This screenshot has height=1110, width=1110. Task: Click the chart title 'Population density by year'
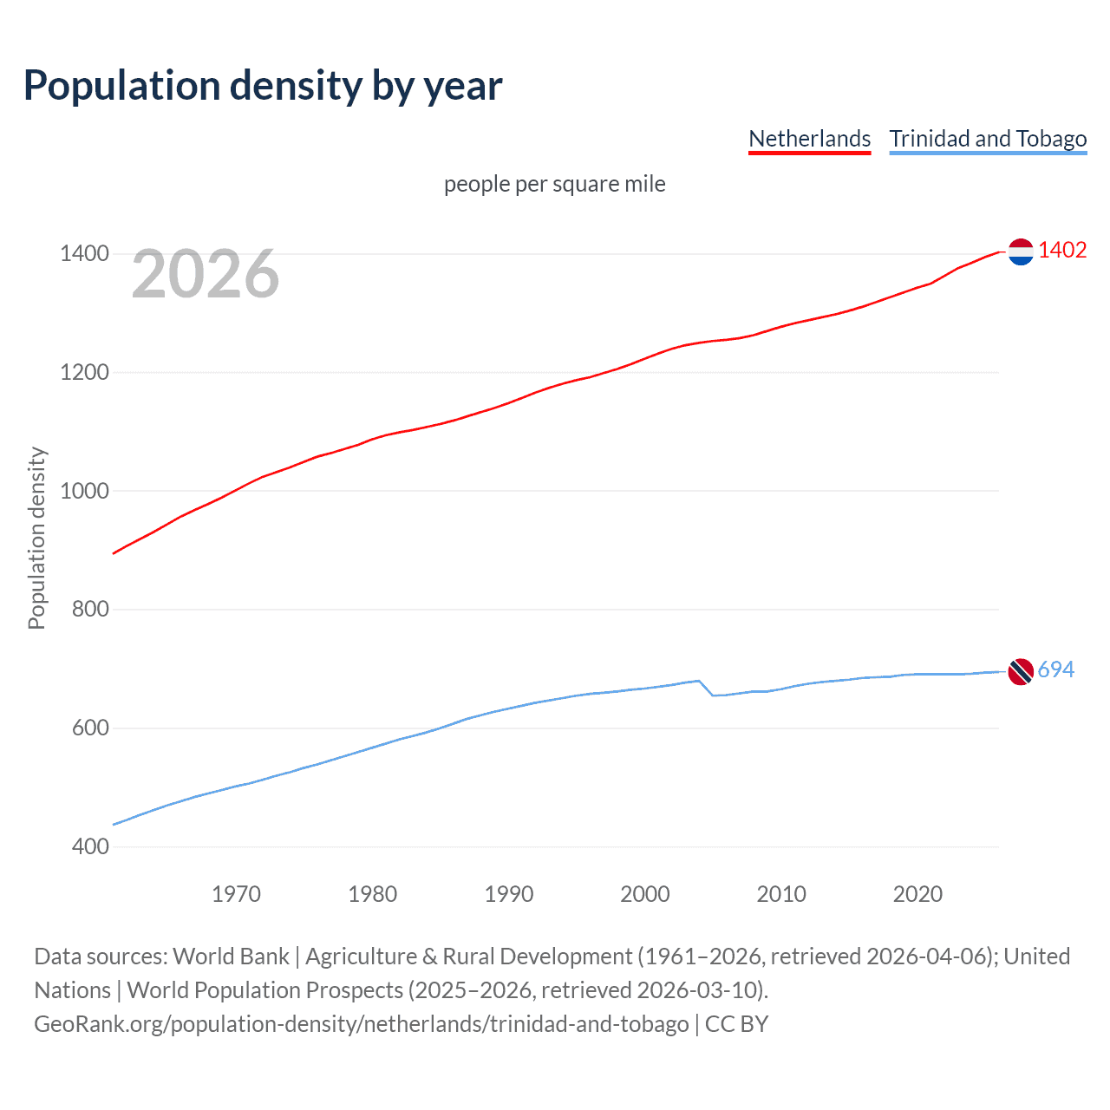click(x=263, y=86)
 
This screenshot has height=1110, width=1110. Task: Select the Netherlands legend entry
click(x=809, y=139)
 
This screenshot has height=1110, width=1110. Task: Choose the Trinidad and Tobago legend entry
click(x=988, y=139)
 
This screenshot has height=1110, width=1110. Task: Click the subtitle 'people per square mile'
click(x=554, y=184)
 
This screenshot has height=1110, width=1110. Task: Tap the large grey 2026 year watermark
click(x=206, y=274)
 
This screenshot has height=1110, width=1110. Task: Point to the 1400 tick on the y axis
click(x=84, y=254)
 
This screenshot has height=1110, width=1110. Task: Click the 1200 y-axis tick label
click(x=84, y=373)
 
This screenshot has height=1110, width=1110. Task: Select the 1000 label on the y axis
click(x=84, y=491)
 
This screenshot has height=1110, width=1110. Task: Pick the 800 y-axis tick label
click(x=90, y=610)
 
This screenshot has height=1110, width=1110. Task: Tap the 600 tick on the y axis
click(x=90, y=728)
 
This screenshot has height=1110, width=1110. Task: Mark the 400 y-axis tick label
click(x=90, y=846)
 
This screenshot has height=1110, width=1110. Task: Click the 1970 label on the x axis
click(x=236, y=894)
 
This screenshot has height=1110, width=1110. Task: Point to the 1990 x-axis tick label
click(x=509, y=894)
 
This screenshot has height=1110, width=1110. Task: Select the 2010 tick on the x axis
click(x=781, y=894)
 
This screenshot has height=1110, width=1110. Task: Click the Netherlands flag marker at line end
click(x=1021, y=251)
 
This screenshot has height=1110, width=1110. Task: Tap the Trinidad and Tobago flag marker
click(x=1021, y=671)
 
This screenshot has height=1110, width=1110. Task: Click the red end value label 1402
click(x=1062, y=251)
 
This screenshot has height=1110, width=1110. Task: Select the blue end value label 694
click(x=1055, y=670)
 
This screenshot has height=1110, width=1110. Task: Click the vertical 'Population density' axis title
click(x=36, y=538)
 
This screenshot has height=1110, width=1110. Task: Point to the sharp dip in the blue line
click(x=712, y=695)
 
